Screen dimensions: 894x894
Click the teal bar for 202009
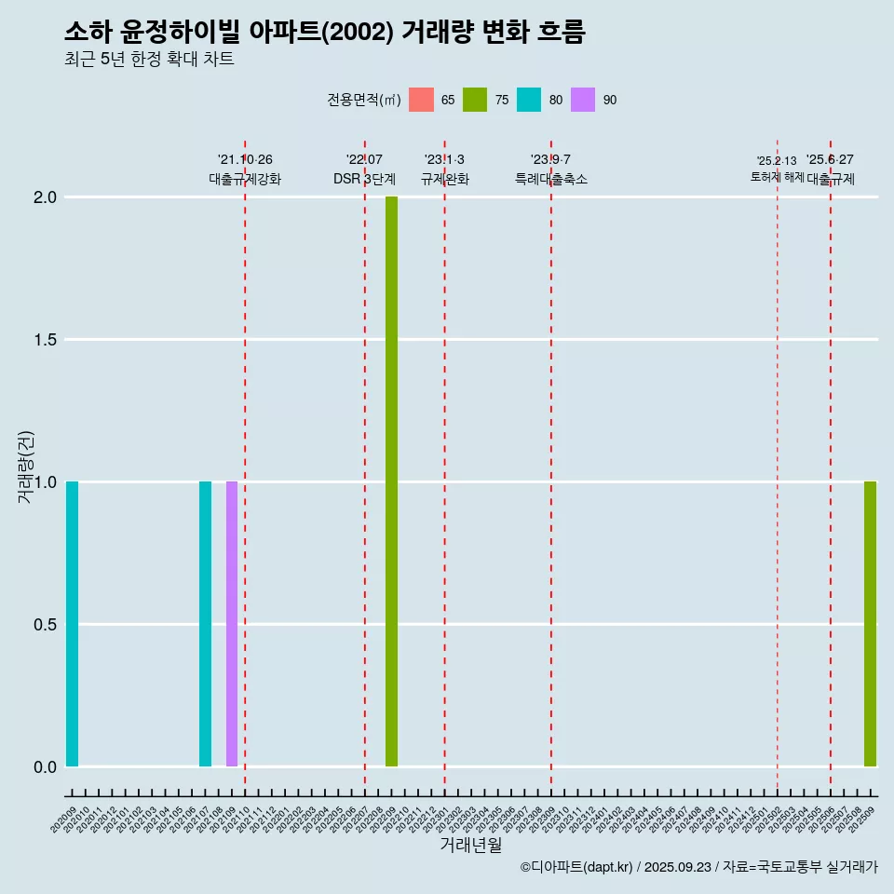click(x=72, y=624)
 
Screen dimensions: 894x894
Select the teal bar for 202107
click(x=205, y=624)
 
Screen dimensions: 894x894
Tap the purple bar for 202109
click(x=232, y=624)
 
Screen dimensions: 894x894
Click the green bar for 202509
click(x=870, y=624)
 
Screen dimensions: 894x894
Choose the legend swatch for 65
click(x=422, y=100)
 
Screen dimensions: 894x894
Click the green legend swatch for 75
click(x=475, y=100)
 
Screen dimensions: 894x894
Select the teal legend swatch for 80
click(x=529, y=100)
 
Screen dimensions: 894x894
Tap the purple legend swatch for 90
click(x=583, y=100)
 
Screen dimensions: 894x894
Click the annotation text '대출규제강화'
click(x=245, y=179)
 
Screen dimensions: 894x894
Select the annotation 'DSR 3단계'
click(x=365, y=179)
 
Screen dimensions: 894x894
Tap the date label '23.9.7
click(x=550, y=160)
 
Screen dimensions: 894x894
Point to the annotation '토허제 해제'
click(x=777, y=177)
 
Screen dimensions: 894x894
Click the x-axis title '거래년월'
click(x=471, y=845)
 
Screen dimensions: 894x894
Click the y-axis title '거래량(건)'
click(x=26, y=467)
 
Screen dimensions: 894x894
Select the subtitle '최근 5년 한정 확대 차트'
click(x=149, y=60)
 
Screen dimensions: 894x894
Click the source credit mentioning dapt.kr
click(x=698, y=867)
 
